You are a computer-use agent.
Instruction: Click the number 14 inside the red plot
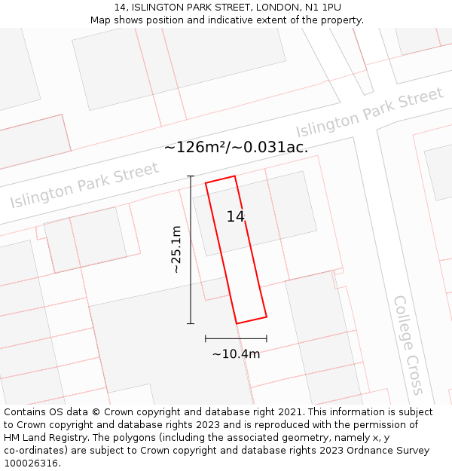[x=236, y=217]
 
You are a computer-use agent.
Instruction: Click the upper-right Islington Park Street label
[x=369, y=113]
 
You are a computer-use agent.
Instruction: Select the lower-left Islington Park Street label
[x=84, y=185]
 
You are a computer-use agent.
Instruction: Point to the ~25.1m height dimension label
[x=176, y=249]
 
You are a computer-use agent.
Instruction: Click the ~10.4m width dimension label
[x=236, y=354]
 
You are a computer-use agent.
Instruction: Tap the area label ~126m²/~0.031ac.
[x=236, y=147]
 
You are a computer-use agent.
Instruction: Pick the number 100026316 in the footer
[x=32, y=463]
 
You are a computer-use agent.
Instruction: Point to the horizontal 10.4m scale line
[x=236, y=338]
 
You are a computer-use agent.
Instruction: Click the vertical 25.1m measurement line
[x=191, y=249]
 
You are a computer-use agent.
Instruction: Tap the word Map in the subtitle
[x=101, y=20]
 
